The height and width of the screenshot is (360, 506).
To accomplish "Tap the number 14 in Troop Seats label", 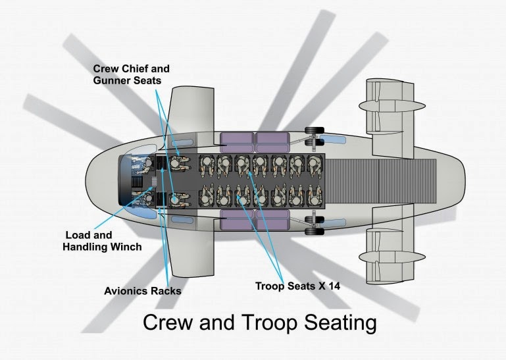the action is pos(334,286).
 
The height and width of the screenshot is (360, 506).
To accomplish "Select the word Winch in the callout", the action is pos(126,247).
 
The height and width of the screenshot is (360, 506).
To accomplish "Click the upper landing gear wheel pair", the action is pos(315,136).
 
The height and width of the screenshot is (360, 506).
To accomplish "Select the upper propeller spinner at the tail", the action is pos(392,106).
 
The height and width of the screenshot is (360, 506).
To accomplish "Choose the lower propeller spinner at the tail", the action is pos(392,257).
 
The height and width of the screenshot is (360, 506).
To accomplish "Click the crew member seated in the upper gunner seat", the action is pos(179,163).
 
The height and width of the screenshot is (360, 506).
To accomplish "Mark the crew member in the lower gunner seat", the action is pos(179,199).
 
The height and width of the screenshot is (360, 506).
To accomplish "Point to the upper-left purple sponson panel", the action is pos(237,142).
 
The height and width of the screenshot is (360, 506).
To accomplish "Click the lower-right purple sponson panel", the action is pos(272,220).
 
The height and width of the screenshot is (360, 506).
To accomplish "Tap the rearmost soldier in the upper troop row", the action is pos(315,165).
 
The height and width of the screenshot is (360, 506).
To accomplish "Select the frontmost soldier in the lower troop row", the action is pos(207,195).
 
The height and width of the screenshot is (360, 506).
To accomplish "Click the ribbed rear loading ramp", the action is pos(381,181).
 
